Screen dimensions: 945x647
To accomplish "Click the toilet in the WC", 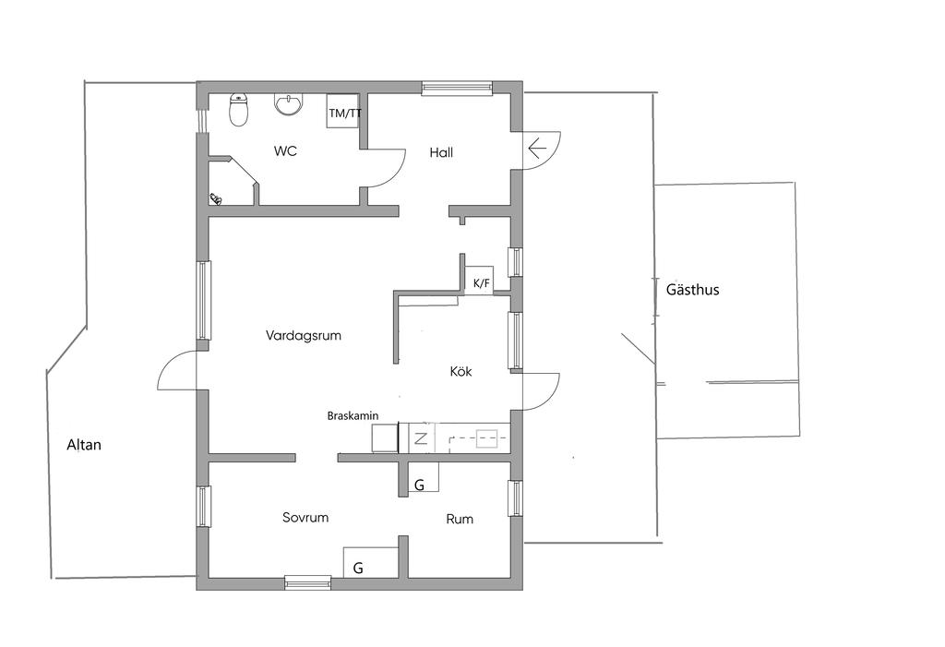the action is [x=239, y=111].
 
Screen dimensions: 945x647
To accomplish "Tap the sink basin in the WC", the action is [x=289, y=105].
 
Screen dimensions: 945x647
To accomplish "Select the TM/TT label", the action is [x=345, y=113].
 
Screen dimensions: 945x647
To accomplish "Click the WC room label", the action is [x=285, y=150].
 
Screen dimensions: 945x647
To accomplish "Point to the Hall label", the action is [x=441, y=152].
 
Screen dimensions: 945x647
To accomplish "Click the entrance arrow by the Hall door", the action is [x=536, y=148].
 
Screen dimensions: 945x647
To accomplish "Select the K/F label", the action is [x=481, y=282].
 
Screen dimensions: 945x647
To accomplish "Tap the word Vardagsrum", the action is [x=303, y=336].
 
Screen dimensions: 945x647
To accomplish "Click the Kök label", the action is [x=461, y=371].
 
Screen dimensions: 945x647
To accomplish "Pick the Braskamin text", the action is [x=353, y=416].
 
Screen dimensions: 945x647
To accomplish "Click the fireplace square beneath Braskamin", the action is [x=385, y=438].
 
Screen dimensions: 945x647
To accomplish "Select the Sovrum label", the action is [x=305, y=518].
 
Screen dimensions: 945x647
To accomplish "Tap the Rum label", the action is [x=460, y=519].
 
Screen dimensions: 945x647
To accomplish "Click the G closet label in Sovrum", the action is [x=358, y=568].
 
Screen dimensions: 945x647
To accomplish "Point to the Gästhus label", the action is [x=692, y=290].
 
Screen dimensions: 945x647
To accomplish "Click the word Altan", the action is [x=84, y=445].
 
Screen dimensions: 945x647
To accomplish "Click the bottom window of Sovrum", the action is [x=308, y=582].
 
